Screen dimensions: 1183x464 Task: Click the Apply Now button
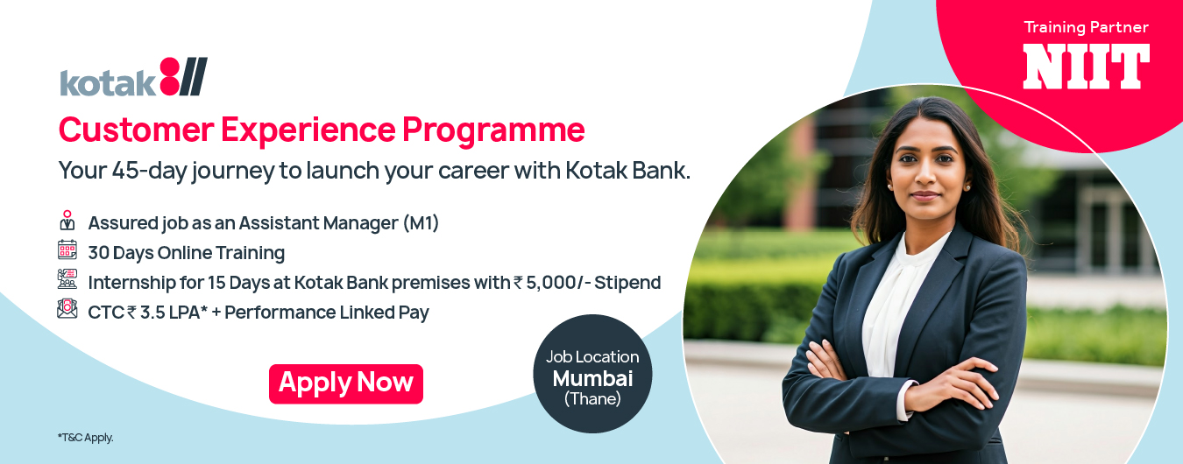tap(346, 383)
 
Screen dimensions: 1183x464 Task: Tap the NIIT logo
tap(1087, 67)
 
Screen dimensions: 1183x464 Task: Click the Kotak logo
tap(133, 77)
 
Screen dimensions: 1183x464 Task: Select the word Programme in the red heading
tap(493, 130)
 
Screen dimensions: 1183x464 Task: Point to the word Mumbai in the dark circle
tap(592, 378)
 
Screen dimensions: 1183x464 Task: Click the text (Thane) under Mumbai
tap(592, 398)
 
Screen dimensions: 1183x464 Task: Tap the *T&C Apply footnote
tap(86, 438)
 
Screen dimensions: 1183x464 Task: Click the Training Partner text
tap(1086, 27)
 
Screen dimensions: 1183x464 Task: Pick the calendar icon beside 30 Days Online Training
tap(67, 250)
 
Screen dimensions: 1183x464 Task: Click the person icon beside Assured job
tap(67, 220)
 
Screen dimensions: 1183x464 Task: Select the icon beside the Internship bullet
tap(67, 279)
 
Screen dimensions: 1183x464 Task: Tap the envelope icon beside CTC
tap(67, 309)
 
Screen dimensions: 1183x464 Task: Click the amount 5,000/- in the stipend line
tap(557, 283)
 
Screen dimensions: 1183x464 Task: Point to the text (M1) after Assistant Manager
tap(421, 223)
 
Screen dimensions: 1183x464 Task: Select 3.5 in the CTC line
tap(152, 313)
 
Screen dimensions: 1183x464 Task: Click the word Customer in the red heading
tap(136, 130)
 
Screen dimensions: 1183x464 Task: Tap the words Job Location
tap(592, 357)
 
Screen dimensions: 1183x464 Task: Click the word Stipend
tap(627, 283)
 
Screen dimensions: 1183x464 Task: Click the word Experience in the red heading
tap(308, 130)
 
